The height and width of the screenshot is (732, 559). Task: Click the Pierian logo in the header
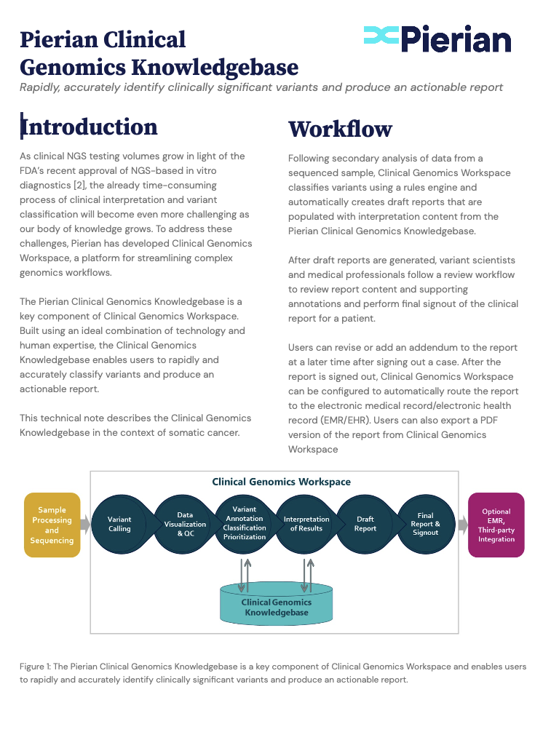click(437, 39)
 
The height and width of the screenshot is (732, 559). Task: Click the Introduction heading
click(90, 127)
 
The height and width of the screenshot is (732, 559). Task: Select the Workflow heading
click(340, 129)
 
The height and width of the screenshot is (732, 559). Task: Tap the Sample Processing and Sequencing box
click(52, 525)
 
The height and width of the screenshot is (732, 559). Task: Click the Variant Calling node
click(119, 524)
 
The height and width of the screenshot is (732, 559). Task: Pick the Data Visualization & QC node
click(185, 524)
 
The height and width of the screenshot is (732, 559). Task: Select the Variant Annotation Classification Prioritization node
click(245, 524)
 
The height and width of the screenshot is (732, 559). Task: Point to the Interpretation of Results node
click(306, 524)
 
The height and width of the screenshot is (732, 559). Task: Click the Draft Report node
click(365, 524)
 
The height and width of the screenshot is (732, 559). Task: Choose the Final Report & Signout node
click(426, 524)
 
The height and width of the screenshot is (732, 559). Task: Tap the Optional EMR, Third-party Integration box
click(496, 525)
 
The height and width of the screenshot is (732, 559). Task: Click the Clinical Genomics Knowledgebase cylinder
click(277, 607)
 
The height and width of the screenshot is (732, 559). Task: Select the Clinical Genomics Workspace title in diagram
click(281, 482)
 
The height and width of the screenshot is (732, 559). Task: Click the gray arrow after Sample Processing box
click(85, 525)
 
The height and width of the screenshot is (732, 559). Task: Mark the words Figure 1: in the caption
click(36, 667)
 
